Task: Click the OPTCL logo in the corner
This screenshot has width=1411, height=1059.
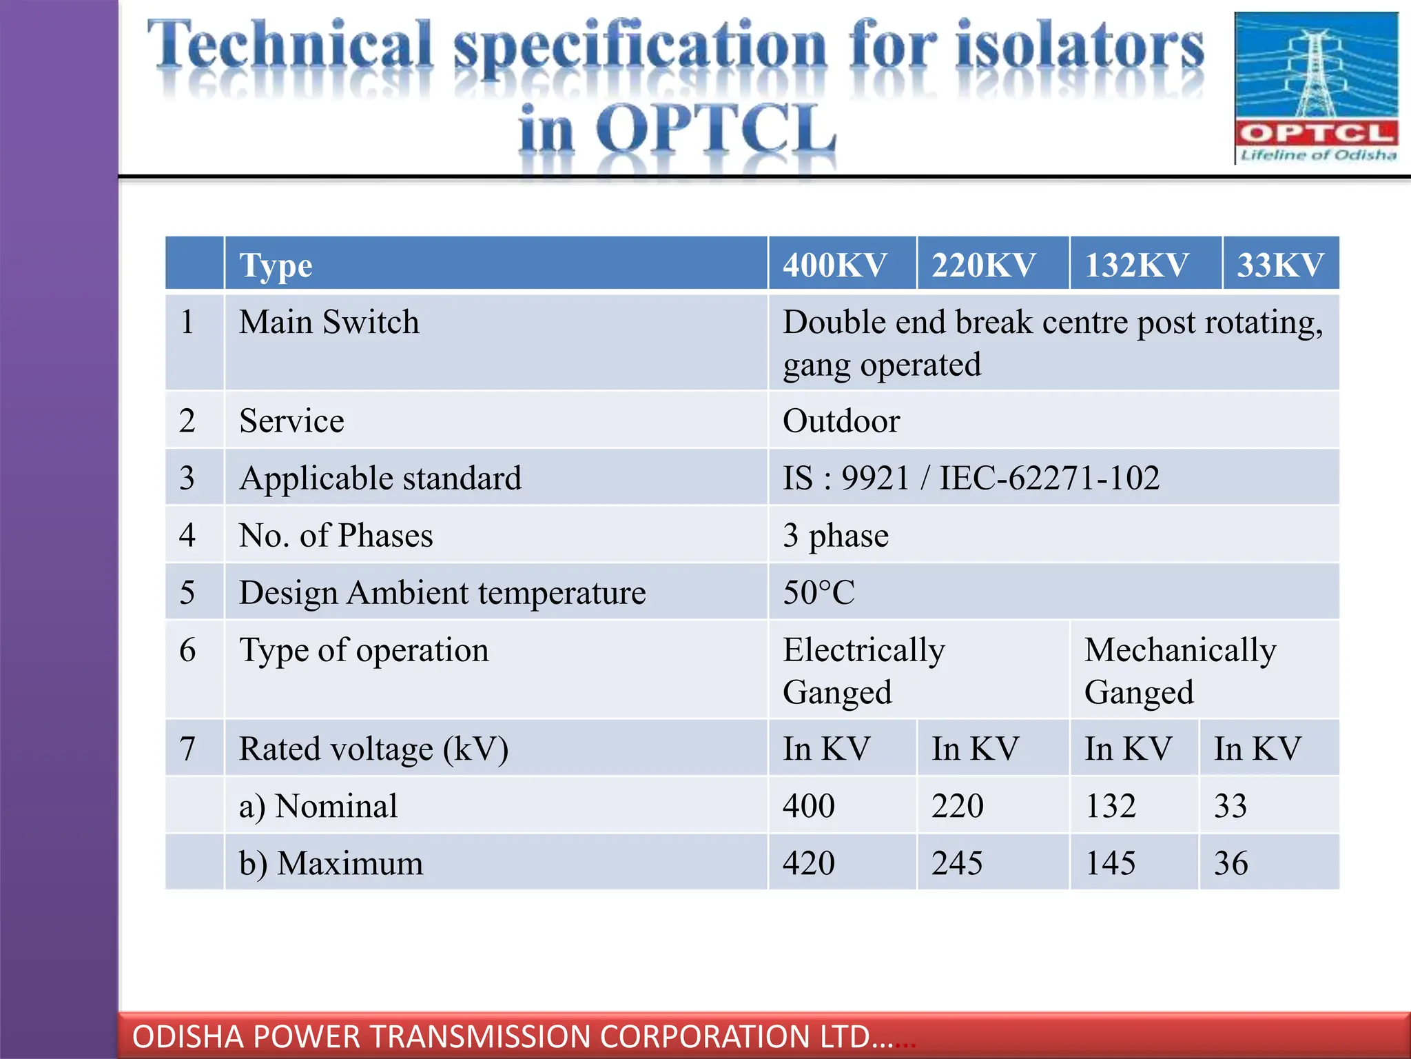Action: coord(1316,88)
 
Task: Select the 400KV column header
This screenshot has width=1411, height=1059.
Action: coord(835,265)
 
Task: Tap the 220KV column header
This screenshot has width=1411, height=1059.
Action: coord(984,265)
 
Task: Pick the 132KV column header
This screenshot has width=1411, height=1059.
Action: coord(1137,265)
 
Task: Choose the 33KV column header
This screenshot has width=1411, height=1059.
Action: coord(1280,265)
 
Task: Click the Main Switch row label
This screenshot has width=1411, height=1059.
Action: coord(329,322)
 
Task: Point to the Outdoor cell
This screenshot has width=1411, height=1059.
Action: coord(841,421)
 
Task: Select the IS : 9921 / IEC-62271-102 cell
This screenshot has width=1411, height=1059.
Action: coord(971,478)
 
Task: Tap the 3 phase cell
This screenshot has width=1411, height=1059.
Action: coord(836,536)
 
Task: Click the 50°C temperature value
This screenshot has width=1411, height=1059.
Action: coord(818,593)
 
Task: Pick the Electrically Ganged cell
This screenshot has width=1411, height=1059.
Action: coord(863,670)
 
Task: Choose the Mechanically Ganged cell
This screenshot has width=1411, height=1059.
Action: coord(1180,670)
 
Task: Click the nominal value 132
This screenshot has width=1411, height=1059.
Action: coord(1111,806)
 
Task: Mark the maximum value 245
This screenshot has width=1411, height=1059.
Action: coord(957,863)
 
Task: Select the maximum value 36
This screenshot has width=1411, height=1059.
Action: coord(1230,863)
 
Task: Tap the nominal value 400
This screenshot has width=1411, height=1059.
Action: coord(809,806)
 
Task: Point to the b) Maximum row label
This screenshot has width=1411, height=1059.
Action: coord(331,863)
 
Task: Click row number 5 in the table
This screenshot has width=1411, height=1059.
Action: coord(187,593)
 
